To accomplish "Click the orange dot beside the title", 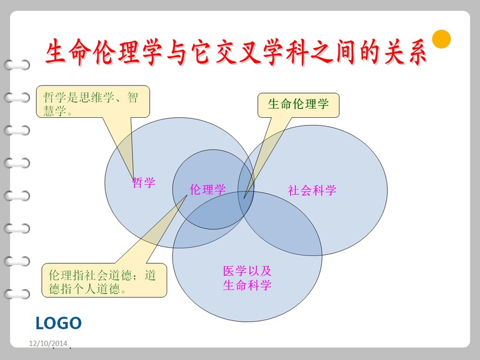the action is (x=442, y=39).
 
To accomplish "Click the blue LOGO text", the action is (x=58, y=323).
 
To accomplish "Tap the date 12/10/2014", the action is (x=48, y=344).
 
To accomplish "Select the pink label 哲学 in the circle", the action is (x=144, y=183).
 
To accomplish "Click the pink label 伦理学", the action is (x=208, y=189).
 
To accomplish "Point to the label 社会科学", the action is (x=312, y=191).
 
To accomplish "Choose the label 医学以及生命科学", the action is (x=247, y=278).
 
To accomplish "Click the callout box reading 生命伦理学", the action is (x=298, y=105).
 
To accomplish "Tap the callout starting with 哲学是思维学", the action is (x=93, y=102).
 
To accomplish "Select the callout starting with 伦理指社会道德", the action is (x=105, y=280).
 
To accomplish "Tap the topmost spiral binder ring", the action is (x=17, y=65).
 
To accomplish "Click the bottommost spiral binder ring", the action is (x=17, y=294).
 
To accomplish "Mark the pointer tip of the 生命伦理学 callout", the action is (x=244, y=198).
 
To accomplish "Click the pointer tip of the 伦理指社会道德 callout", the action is (x=187, y=195).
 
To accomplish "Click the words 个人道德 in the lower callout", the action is (x=96, y=288).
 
